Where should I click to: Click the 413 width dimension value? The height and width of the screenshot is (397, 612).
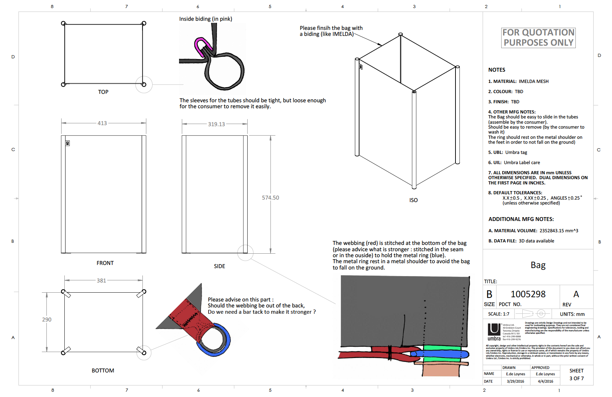click(102, 123)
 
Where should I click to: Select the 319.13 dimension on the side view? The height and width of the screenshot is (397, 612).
click(216, 124)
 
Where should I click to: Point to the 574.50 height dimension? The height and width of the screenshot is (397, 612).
click(270, 198)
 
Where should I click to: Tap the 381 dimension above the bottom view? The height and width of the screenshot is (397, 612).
click(101, 281)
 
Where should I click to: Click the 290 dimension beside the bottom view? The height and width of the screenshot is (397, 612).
click(47, 320)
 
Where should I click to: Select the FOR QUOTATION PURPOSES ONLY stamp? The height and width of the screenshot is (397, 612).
click(538, 38)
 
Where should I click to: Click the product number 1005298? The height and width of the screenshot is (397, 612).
click(528, 294)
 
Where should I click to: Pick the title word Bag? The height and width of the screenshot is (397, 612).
click(538, 265)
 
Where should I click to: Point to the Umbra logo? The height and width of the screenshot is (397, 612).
click(494, 332)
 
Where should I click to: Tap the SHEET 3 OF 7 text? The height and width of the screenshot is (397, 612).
click(576, 375)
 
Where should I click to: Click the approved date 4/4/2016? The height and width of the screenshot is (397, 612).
click(545, 381)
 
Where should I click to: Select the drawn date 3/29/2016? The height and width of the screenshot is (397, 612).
click(515, 381)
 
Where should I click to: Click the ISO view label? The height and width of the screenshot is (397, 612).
click(413, 200)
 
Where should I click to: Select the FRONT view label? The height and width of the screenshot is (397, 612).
click(105, 263)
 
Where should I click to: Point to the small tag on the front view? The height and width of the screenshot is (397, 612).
click(68, 143)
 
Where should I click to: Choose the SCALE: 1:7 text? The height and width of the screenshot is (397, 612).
click(498, 314)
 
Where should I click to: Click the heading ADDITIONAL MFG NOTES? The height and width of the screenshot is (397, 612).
click(521, 219)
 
